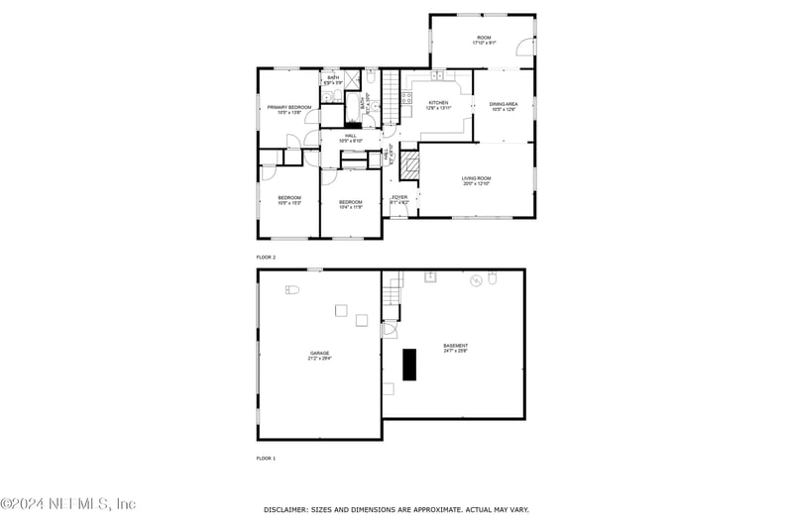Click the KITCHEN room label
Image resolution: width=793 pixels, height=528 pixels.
coord(438,104)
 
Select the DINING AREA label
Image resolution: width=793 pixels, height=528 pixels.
coord(504,105)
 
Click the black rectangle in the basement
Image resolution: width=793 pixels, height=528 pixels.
coord(409,365)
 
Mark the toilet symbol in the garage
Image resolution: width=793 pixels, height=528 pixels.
coord(291,289)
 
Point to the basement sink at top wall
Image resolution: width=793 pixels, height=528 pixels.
coord(431,277)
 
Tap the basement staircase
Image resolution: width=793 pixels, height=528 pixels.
coord(395,294)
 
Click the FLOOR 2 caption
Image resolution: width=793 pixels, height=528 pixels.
coord(266,257)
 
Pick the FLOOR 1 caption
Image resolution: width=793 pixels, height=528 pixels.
coord(266,459)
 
